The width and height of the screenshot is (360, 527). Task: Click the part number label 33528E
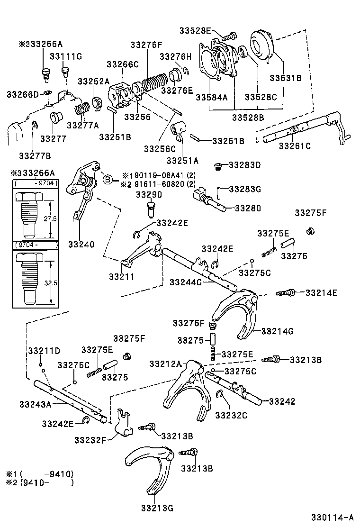pos(195,30)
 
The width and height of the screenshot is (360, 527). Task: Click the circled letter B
pos(108,179)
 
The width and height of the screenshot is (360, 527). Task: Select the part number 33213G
pos(157,509)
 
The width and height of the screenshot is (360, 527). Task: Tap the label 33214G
pos(278,331)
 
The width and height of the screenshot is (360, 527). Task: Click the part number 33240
pos(81,245)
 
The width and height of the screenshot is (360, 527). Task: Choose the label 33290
pos(149,194)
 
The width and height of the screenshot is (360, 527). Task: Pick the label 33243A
pos(35,404)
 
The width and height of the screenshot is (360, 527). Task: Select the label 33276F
pos(146,45)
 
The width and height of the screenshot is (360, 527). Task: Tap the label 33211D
pos(44,351)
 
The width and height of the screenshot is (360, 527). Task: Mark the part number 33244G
pos(186,282)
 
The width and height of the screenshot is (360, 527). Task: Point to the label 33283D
pos(244,165)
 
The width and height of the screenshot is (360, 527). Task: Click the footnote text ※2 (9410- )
pos(40,483)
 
